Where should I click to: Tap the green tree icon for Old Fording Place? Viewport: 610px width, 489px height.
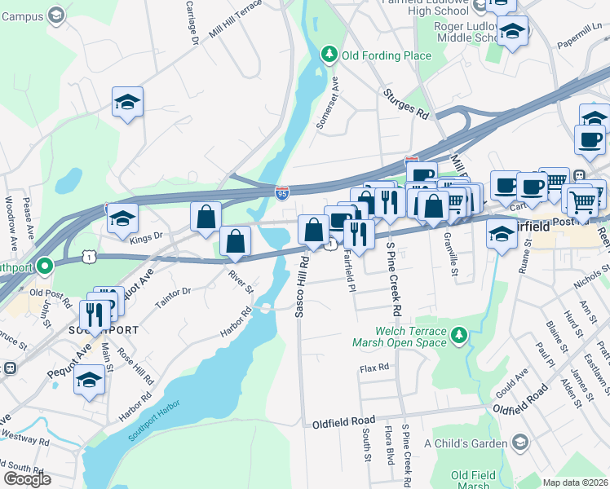coord(329,55)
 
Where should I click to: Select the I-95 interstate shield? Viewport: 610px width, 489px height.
coord(281,193)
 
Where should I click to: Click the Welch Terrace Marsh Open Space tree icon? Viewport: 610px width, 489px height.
coord(459,335)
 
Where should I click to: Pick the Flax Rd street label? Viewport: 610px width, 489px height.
coord(374,368)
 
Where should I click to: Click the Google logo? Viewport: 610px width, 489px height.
coord(27,479)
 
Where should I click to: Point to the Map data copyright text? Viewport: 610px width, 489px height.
coord(575,482)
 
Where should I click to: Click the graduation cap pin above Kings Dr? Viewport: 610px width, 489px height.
coord(122,218)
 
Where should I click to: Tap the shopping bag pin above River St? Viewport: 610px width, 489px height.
coord(235,241)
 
